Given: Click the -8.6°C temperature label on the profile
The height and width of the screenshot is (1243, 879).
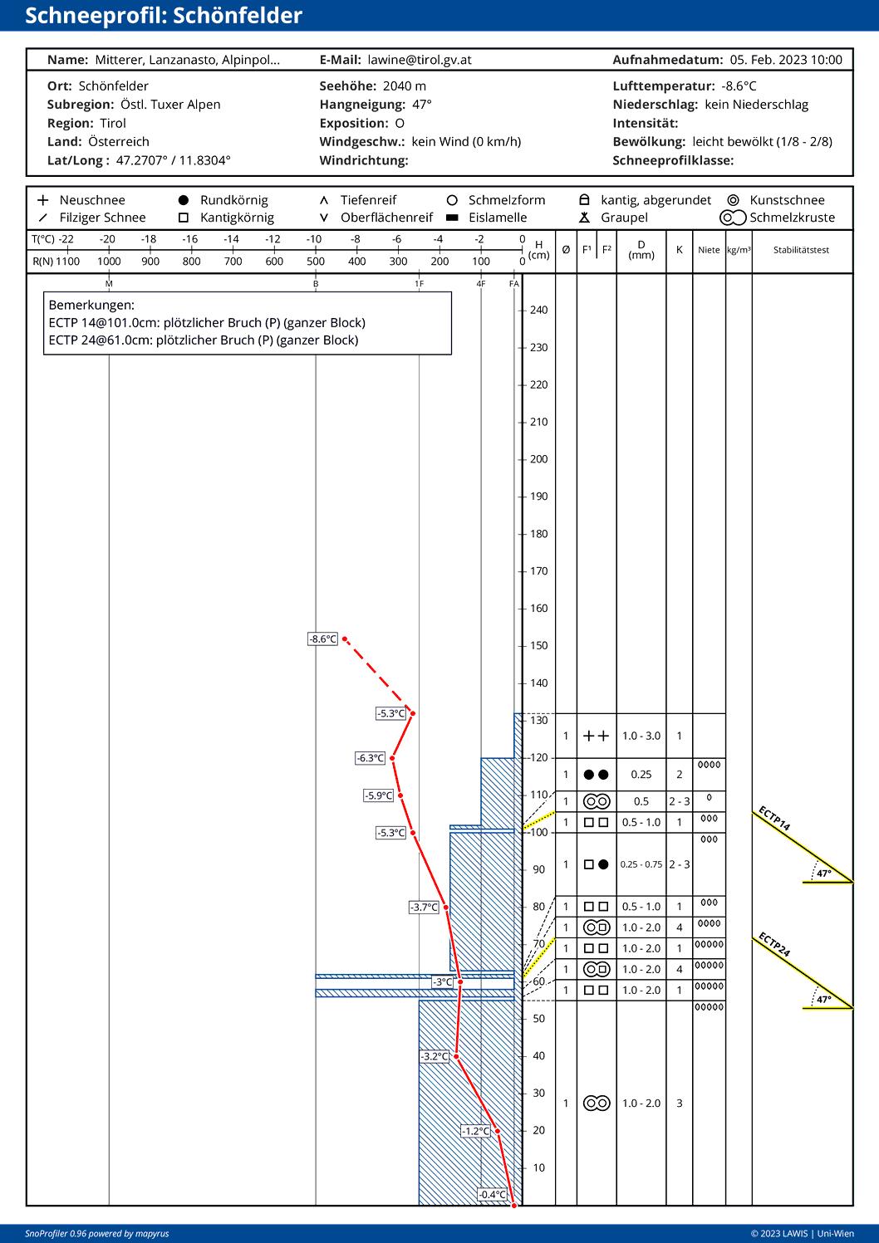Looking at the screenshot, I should [x=323, y=639].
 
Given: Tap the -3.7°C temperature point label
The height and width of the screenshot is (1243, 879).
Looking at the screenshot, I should [x=424, y=907].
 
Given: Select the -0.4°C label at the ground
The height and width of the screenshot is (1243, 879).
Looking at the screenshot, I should [x=493, y=1194].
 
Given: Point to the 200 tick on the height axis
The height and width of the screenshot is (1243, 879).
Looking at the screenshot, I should [x=538, y=459].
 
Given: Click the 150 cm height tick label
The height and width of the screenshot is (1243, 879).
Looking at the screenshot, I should [x=538, y=646].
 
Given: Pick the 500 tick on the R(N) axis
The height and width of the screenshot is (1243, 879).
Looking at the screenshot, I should [x=316, y=261].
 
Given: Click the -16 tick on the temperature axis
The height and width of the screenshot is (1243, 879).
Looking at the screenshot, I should [x=190, y=239].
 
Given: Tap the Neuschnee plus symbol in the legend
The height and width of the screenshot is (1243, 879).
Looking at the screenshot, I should [x=43, y=200].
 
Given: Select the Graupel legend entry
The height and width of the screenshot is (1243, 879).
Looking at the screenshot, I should [x=624, y=218].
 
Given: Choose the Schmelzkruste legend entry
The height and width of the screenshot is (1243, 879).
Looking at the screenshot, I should [x=792, y=218].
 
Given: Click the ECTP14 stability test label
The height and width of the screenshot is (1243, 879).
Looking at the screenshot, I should [x=774, y=819].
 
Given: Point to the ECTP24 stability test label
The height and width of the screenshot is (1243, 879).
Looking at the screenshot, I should [x=774, y=945].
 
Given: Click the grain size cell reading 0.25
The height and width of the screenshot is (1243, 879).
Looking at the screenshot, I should [x=641, y=775].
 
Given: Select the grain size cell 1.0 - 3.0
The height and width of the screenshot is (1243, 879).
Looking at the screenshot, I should [x=641, y=736].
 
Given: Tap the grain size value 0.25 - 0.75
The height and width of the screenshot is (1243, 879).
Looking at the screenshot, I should [x=641, y=864].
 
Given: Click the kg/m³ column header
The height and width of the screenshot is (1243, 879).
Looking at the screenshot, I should [x=739, y=250].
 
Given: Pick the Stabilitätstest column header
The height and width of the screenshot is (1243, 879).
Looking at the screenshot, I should [x=801, y=250].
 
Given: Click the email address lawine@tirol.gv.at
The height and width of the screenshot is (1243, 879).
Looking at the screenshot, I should [x=420, y=60].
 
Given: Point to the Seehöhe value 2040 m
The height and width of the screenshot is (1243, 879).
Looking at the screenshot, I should [x=404, y=86].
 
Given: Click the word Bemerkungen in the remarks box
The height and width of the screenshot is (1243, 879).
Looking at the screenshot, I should [x=91, y=305].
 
